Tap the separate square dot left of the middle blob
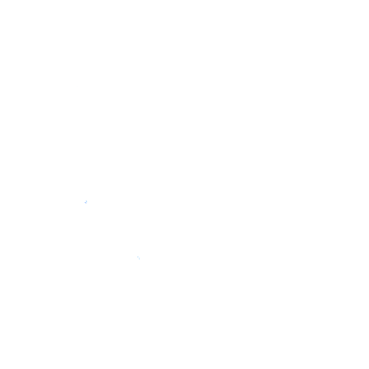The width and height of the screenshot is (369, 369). click(83, 201)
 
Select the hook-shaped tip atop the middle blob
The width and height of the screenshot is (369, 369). click(86, 199)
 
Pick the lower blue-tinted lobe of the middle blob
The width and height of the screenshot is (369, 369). click(86, 203)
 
